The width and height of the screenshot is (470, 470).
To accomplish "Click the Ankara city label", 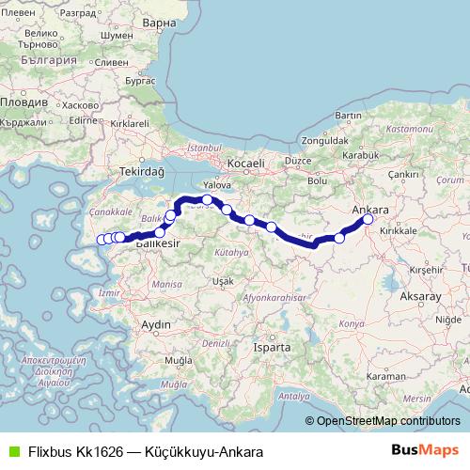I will click(369, 210).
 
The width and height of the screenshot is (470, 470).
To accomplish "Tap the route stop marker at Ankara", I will click(368, 219).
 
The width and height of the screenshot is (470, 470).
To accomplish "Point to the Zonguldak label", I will click(324, 141).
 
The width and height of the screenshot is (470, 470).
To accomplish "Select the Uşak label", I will click(223, 281).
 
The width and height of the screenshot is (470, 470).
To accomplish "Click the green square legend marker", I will click(12, 451).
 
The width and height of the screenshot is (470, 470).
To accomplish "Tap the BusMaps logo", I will click(424, 450).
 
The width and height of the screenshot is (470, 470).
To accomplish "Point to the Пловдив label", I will click(22, 100).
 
